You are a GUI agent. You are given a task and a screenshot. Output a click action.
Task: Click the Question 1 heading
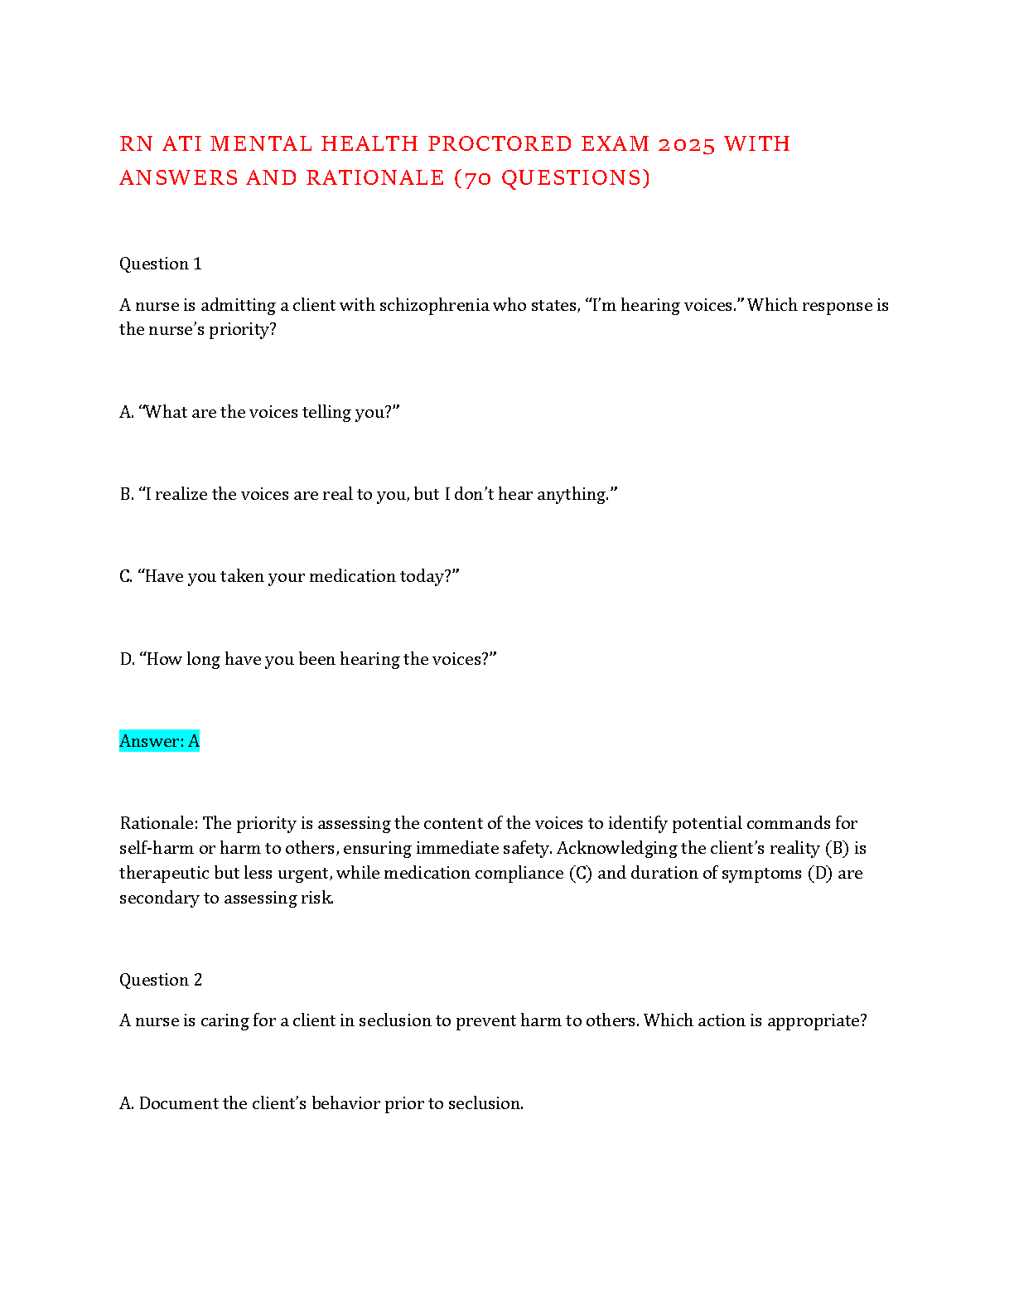161,264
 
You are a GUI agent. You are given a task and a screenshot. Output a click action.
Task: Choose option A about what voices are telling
259,412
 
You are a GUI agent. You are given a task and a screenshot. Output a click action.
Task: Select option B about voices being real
369,494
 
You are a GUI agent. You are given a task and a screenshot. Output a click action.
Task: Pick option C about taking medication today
289,576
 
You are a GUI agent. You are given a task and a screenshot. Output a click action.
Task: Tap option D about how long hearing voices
308,659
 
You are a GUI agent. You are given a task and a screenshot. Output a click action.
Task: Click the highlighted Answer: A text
160,741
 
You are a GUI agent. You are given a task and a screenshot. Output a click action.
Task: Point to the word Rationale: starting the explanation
158,823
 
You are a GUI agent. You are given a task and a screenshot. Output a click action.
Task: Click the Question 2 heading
161,980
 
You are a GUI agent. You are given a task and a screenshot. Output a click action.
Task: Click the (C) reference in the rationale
581,873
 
